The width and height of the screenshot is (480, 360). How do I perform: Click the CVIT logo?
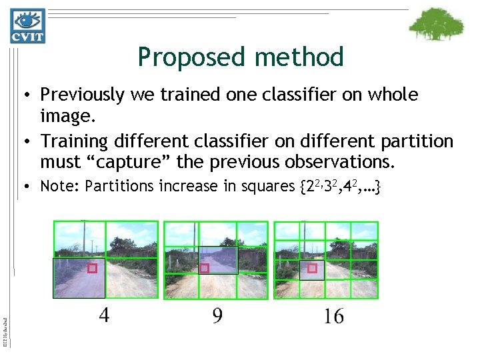(27, 25)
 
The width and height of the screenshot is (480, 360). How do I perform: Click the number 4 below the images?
(105, 315)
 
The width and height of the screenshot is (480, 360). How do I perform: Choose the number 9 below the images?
(218, 315)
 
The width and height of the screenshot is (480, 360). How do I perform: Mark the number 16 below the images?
(333, 315)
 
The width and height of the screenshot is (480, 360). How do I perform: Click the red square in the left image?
(92, 268)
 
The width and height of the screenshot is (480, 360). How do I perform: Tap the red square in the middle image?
(205, 268)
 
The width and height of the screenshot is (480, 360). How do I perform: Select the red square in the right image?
(311, 269)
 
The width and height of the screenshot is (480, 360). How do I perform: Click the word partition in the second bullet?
(413, 141)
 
